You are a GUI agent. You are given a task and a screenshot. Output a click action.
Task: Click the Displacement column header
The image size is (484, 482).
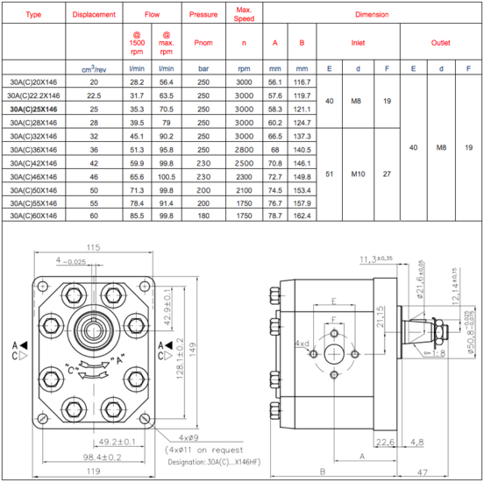click(94, 15)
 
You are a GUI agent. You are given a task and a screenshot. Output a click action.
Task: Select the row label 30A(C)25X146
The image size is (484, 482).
click(33, 110)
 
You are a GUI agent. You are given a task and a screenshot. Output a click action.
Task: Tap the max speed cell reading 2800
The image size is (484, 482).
click(244, 150)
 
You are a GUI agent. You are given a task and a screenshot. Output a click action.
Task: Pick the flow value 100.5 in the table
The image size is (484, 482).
click(167, 177)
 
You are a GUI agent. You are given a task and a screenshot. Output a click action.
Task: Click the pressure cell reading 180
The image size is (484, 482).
click(203, 216)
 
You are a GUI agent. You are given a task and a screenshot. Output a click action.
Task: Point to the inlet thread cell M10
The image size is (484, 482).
click(358, 174)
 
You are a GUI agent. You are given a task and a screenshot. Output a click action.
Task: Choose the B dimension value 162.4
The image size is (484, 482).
click(302, 216)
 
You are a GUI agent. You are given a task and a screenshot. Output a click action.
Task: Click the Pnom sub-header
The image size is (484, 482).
click(203, 43)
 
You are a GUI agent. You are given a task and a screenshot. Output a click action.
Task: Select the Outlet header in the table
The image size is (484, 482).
click(440, 43)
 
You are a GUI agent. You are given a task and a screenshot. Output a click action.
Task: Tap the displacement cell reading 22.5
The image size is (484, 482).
click(94, 96)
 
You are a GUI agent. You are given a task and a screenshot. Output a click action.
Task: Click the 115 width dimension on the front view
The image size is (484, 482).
click(93, 247)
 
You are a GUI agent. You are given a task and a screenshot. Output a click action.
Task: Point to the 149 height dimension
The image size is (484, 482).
click(192, 350)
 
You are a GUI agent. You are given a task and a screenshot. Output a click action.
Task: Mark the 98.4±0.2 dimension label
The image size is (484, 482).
click(102, 457)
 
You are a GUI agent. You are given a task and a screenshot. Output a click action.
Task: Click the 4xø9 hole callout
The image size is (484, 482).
click(189, 437)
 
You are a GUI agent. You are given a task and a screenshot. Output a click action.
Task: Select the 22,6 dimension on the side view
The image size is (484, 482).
click(385, 443)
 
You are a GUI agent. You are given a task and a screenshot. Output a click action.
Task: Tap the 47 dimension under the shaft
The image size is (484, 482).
click(423, 472)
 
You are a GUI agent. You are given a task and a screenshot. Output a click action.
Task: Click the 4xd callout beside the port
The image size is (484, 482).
click(302, 344)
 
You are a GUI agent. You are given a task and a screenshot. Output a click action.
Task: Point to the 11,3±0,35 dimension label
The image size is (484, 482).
click(376, 259)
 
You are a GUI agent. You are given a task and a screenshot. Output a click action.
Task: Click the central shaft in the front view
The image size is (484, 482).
click(93, 330)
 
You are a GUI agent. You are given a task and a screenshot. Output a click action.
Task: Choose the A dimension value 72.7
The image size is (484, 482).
click(274, 177)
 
